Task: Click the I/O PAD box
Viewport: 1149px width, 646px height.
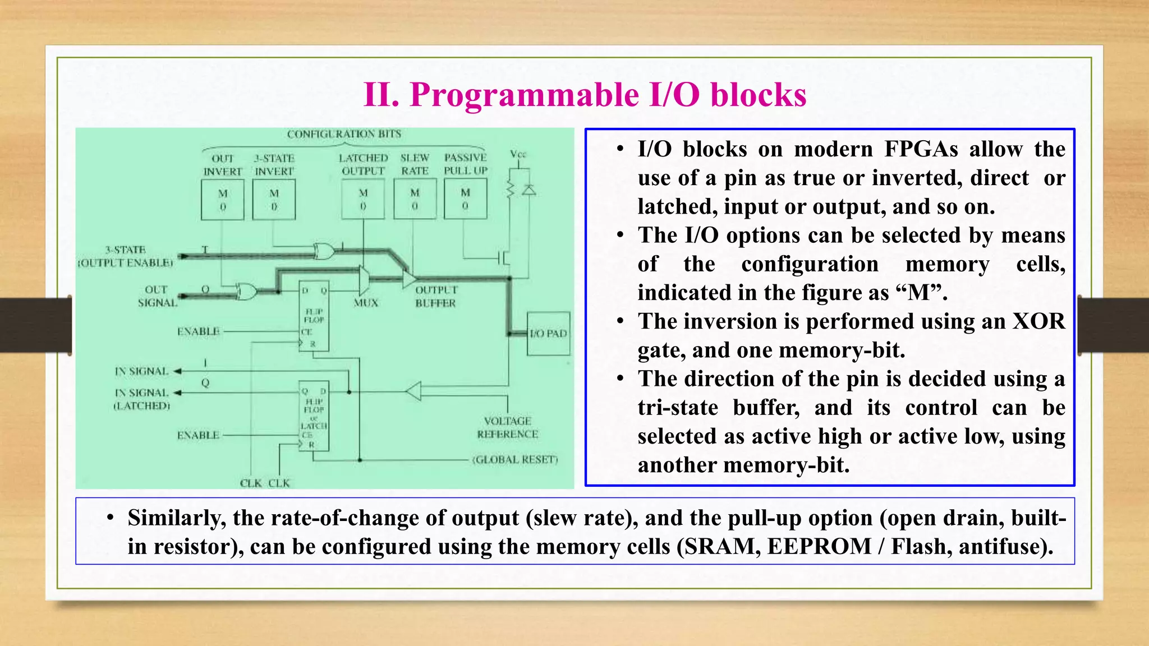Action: [x=549, y=334]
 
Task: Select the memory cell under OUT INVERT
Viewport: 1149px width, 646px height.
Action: [x=223, y=200]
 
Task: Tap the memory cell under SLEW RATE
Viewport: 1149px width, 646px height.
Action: [x=415, y=199]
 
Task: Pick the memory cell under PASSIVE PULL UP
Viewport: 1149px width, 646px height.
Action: [x=465, y=199]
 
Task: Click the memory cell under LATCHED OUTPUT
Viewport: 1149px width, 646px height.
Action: [x=363, y=199]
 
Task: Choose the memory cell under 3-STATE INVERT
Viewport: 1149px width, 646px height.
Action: [x=274, y=200]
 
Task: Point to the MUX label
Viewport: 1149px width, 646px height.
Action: [x=366, y=303]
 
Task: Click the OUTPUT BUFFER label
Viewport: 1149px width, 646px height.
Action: [x=436, y=297]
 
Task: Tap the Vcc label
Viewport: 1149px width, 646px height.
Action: [x=518, y=154]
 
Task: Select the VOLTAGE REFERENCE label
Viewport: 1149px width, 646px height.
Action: [x=508, y=427]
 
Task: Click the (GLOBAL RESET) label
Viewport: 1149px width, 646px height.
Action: [x=515, y=460]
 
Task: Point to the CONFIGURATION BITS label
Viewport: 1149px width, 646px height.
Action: [x=344, y=134]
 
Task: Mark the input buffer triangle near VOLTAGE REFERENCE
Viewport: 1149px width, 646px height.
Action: [x=413, y=391]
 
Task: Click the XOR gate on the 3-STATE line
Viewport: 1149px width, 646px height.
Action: [x=324, y=251]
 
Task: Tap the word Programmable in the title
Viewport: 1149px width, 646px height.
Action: [x=524, y=94]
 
